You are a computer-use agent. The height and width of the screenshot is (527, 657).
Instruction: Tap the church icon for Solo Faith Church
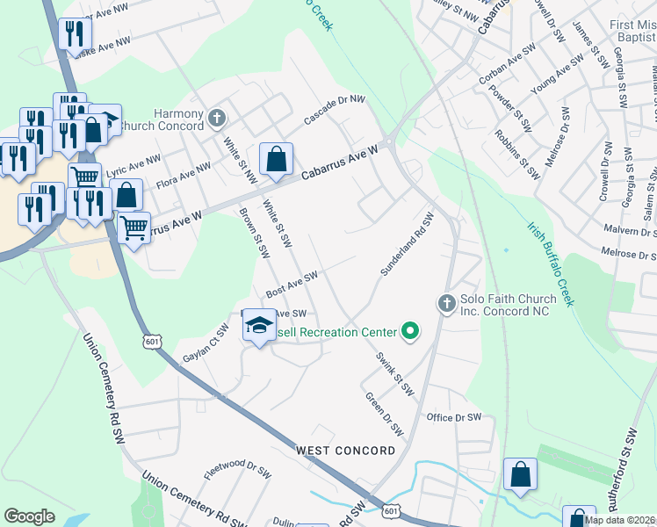coord(446,304)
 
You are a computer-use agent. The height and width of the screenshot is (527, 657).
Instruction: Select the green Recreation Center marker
coord(409,332)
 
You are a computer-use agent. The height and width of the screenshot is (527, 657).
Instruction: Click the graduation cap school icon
coord(259,326)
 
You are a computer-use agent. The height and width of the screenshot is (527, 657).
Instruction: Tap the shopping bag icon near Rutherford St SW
coord(520,473)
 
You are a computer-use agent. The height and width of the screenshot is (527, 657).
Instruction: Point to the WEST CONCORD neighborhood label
coord(345,451)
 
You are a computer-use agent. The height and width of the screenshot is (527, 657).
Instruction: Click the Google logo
coord(29,516)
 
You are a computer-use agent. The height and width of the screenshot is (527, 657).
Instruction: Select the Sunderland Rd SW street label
coord(408,245)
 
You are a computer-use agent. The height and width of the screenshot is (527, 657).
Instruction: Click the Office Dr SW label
coord(453,417)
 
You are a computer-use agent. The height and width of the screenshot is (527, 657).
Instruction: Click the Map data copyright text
coord(619,520)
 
